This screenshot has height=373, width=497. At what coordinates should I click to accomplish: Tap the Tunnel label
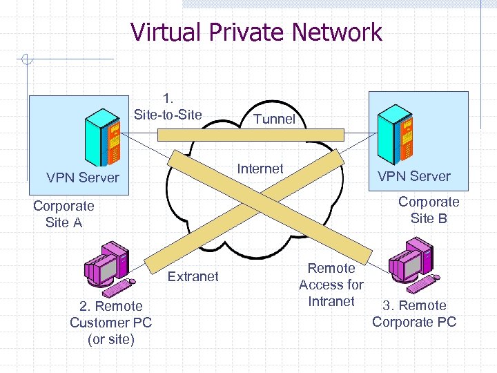click(274, 119)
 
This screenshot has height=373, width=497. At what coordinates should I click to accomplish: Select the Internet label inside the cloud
click(260, 169)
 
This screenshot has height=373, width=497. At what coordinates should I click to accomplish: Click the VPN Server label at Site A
click(83, 178)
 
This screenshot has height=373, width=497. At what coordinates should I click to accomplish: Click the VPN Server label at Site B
click(414, 176)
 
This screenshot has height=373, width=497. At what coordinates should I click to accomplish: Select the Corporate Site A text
click(64, 214)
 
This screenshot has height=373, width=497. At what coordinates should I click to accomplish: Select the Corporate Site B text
click(429, 210)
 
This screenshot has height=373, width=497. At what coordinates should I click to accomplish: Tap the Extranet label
click(193, 276)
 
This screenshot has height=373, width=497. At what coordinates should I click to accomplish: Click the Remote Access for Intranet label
click(331, 285)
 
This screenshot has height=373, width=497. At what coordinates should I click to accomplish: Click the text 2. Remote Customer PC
click(110, 322)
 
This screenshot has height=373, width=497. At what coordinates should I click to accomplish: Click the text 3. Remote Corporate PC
click(414, 314)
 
